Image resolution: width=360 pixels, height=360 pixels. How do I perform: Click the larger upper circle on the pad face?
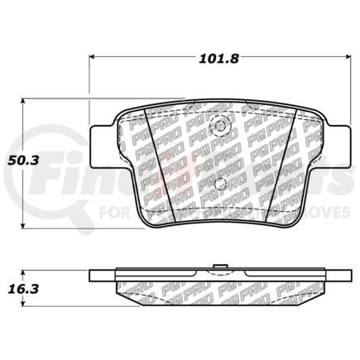[219, 127]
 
